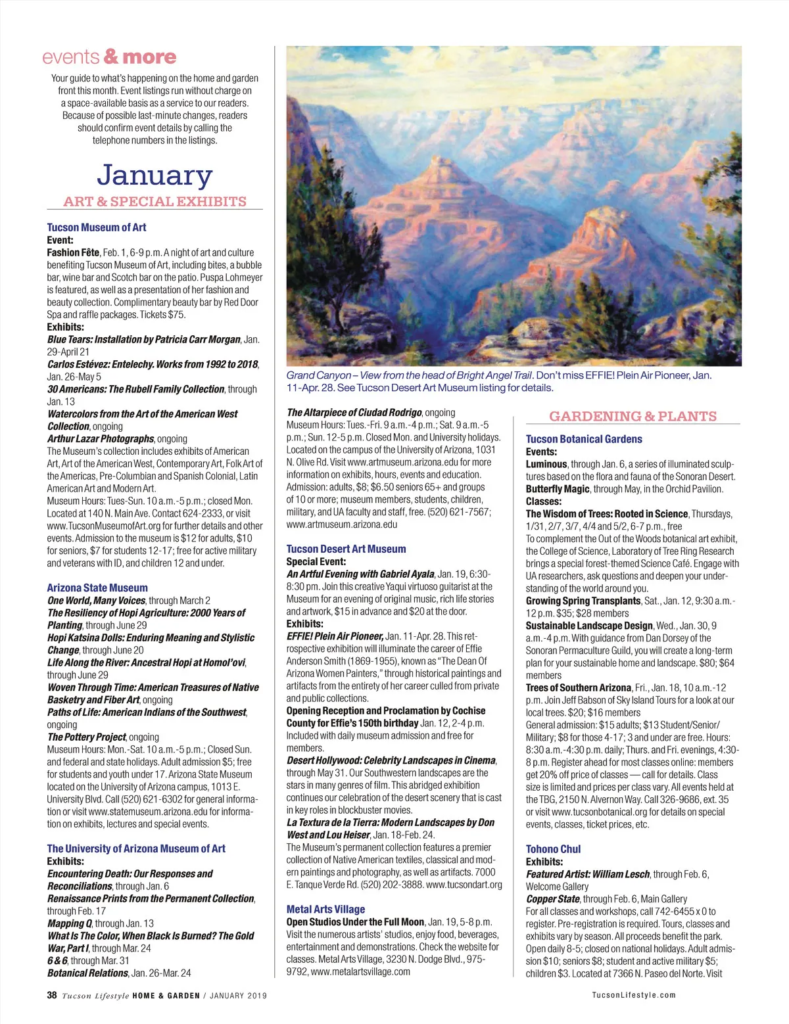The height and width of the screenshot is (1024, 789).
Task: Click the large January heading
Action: tap(155, 175)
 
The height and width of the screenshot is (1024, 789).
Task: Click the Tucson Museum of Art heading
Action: tap(97, 227)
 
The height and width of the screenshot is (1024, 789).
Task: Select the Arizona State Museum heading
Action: tap(97, 588)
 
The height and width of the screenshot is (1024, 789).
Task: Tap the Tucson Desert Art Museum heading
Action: tap(346, 549)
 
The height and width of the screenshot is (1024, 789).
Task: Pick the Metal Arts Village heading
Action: tap(325, 909)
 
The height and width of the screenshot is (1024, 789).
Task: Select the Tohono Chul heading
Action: tap(553, 849)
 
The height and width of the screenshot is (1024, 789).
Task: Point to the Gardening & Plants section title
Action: tap(633, 416)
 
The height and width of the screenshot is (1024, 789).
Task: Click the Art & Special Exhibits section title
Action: tap(155, 202)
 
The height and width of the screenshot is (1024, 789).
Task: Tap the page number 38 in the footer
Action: tap(52, 995)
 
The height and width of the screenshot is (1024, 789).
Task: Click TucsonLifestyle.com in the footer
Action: tap(633, 995)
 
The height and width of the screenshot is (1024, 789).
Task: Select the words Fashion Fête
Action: tap(73, 252)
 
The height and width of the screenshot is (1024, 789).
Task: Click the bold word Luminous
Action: tap(546, 464)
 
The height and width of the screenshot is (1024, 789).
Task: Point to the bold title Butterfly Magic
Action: tap(558, 489)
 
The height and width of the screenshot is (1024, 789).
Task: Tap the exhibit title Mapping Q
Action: tap(69, 923)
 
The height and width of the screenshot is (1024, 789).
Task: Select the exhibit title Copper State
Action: tap(553, 898)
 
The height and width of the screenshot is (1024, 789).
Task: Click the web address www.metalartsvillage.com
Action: tap(360, 971)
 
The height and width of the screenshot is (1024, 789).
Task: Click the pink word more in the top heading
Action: tap(149, 57)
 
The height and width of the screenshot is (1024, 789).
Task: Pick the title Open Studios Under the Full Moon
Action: tap(355, 922)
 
